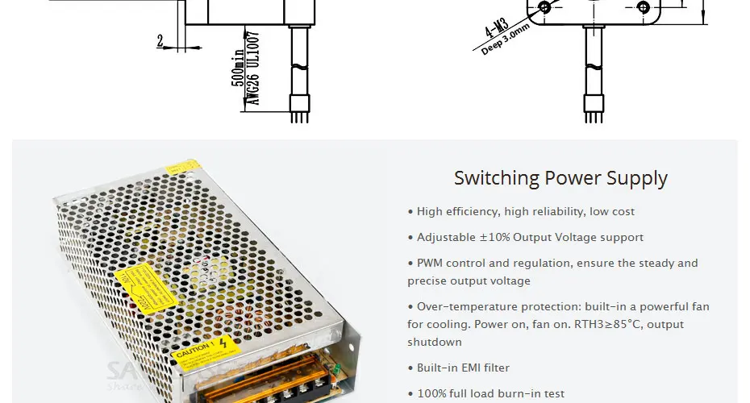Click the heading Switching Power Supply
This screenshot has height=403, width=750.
point(560,178)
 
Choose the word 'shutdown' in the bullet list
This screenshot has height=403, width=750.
point(435,343)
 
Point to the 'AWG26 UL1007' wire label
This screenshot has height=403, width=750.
point(252,69)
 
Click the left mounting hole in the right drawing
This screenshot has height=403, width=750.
point(544,7)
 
